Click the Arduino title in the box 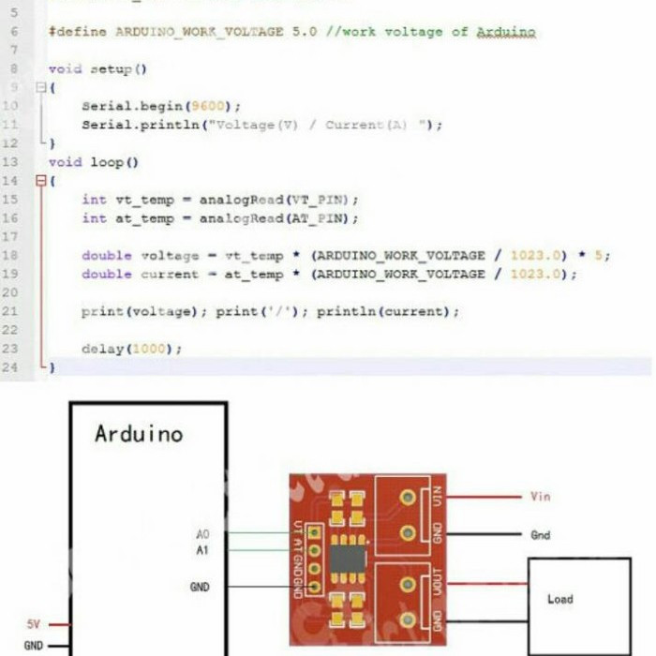[x=139, y=434]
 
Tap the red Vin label [x=541, y=497]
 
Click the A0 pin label [x=203, y=533]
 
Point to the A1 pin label [x=202, y=550]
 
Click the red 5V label [x=33, y=623]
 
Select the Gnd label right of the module [x=541, y=535]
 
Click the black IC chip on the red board [x=348, y=560]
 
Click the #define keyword [x=78, y=32]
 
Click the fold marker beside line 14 [x=40, y=181]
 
